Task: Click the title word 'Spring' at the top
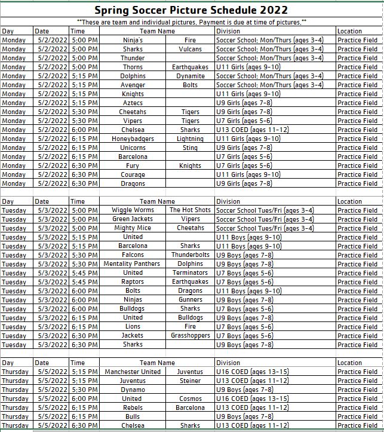tap(113, 10)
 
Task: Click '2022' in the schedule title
tap(270, 10)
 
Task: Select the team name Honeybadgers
tap(133, 139)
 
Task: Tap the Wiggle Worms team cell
tap(133, 210)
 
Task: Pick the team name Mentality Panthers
tap(132, 264)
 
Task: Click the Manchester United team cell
tap(133, 372)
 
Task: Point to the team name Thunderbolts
tap(190, 255)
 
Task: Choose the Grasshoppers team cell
tap(190, 336)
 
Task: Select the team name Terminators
tap(190, 273)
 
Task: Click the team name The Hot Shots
tap(190, 210)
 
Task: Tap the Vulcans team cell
tap(190, 49)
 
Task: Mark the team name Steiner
tap(190, 381)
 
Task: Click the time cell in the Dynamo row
tap(84, 390)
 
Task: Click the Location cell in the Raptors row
tap(357, 282)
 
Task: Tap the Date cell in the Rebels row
tap(51, 408)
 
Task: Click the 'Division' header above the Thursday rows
tap(228, 363)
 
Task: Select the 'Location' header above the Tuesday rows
tap(349, 201)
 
